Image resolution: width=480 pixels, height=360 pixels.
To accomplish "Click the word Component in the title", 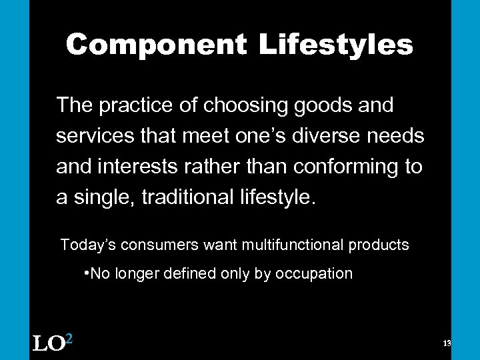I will [157, 45].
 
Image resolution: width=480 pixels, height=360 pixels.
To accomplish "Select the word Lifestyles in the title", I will [336, 45].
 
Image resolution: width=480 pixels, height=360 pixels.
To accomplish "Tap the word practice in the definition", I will [131, 105].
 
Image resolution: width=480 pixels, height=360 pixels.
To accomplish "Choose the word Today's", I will [87, 245].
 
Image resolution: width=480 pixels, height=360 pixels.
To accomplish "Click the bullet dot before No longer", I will [87, 273].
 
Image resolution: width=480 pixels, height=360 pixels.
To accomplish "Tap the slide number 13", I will [447, 343].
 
